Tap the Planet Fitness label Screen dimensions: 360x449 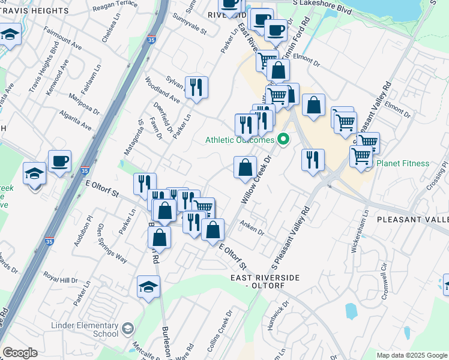click(x=403, y=163)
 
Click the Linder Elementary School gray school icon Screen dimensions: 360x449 click(x=127, y=328)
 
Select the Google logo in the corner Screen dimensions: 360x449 click(x=19, y=353)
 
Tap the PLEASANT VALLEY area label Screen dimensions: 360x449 click(x=413, y=220)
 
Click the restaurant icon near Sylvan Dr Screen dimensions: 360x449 click(x=196, y=88)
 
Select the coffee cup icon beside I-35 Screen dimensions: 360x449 click(x=60, y=161)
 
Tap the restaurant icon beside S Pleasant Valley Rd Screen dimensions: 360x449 click(x=313, y=160)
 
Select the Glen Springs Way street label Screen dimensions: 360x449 click(x=112, y=243)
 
